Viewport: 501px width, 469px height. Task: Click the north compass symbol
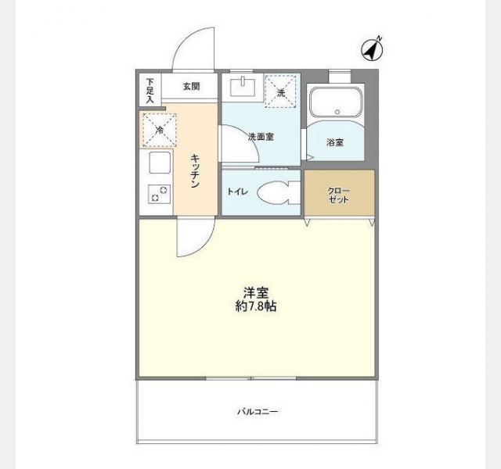(x=373, y=49)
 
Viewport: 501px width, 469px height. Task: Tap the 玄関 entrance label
(x=191, y=86)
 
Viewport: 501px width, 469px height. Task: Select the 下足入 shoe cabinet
(x=150, y=91)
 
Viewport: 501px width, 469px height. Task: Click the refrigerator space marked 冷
(x=160, y=130)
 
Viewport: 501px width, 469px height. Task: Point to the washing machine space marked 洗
(x=281, y=91)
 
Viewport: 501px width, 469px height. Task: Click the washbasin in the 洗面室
(x=243, y=86)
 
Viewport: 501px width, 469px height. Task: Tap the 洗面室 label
(x=261, y=137)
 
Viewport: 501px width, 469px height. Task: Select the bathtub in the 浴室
(x=337, y=102)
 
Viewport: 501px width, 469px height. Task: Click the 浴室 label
(x=335, y=142)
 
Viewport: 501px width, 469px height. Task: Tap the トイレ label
(x=237, y=192)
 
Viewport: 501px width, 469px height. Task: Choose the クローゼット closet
(x=339, y=193)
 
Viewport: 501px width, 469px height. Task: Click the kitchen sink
(x=160, y=163)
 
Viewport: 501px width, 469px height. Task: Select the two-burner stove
(x=159, y=194)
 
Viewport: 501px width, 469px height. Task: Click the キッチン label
(x=195, y=171)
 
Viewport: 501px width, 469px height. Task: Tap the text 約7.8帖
(x=256, y=306)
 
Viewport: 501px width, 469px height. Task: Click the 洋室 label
(x=256, y=292)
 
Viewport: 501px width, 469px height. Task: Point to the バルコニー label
(x=258, y=412)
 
